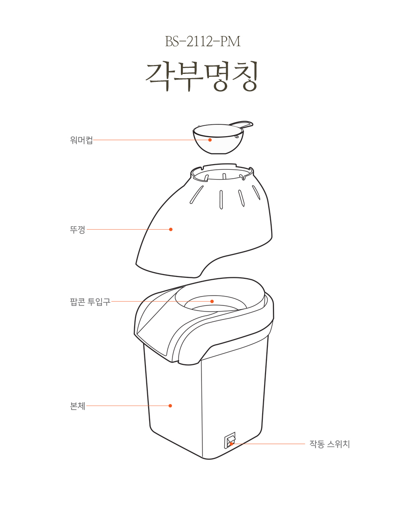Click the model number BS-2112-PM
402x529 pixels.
pyautogui.click(x=202, y=42)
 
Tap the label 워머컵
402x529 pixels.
pyautogui.click(x=81, y=140)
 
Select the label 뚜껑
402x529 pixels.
pyautogui.click(x=78, y=229)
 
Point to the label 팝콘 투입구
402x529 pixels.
pyautogui.click(x=90, y=301)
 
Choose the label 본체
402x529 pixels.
pyautogui.click(x=78, y=406)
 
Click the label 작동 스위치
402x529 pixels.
pyautogui.click(x=330, y=444)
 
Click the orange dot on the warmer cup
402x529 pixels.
pyautogui.click(x=210, y=140)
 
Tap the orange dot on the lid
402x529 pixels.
pyautogui.click(x=171, y=229)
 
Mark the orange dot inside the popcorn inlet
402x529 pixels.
pyautogui.click(x=212, y=301)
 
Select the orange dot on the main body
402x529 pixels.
pyautogui.click(x=170, y=406)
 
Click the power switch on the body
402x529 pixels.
pyautogui.click(x=230, y=440)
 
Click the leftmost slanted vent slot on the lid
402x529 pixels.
pyautogui.click(x=196, y=196)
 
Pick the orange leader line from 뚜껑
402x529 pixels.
pyautogui.click(x=129, y=229)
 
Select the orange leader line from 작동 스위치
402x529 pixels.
pyautogui.click(x=268, y=444)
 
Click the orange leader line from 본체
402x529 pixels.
pyautogui.click(x=128, y=406)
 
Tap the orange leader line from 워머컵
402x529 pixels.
pyautogui.click(x=151, y=140)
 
